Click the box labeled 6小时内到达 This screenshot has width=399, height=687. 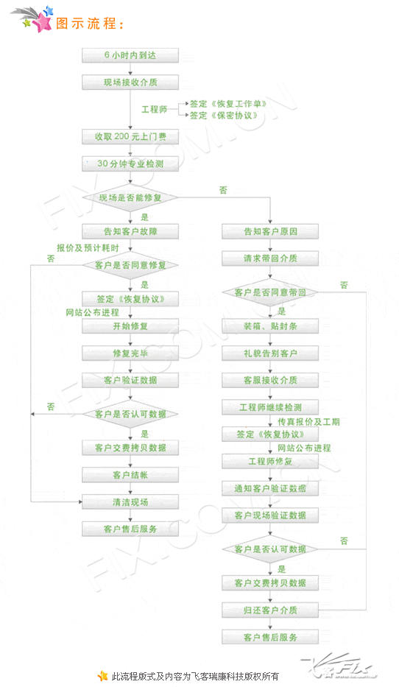coord(130,55)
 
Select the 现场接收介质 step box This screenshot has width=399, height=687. coord(130,82)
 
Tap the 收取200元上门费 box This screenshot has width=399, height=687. coord(130,137)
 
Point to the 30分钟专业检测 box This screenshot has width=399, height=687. coord(130,164)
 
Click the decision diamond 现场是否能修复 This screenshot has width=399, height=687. coord(130,197)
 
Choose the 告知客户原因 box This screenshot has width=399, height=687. coord(270,231)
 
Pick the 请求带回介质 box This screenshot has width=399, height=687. coord(270,258)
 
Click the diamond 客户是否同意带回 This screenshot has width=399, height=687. coord(270,292)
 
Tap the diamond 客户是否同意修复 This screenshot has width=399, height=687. coord(130,265)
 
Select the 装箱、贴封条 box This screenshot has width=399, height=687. coord(270,326)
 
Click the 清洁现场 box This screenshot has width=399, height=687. coord(130,502)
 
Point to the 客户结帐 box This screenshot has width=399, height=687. coord(130,475)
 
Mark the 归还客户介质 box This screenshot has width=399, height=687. coord(270,610)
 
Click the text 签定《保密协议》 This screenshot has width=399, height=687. coord(223,115)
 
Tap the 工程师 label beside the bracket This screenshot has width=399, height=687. coord(154,109)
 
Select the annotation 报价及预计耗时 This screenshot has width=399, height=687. coord(88,248)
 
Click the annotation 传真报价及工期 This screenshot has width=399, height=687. coord(308,421)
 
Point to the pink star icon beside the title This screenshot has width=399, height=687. coord(42,21)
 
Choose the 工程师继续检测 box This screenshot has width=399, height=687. coord(270,407)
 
